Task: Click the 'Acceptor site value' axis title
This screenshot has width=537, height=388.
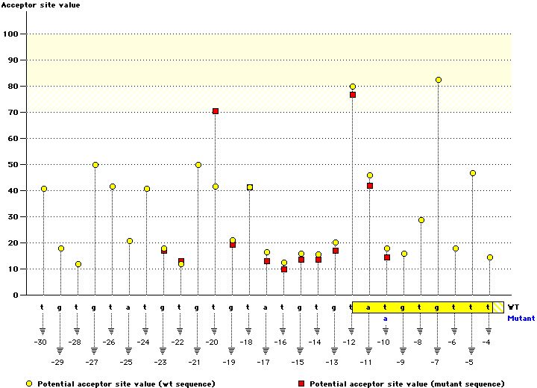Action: click(x=40, y=5)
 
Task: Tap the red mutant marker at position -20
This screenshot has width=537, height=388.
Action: click(x=216, y=111)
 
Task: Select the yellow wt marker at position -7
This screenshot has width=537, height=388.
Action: click(x=439, y=80)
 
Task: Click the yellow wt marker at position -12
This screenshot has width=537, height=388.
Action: click(x=353, y=87)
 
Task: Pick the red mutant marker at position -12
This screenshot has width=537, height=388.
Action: click(x=353, y=95)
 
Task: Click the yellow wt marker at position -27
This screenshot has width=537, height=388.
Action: click(x=95, y=165)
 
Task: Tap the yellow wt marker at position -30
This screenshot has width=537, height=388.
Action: click(x=44, y=189)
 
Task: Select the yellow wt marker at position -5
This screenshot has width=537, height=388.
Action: click(x=472, y=173)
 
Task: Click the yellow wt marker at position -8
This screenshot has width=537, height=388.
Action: click(x=421, y=220)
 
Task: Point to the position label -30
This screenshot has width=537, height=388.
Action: click(x=41, y=342)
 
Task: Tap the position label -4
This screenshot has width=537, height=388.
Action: click(x=486, y=342)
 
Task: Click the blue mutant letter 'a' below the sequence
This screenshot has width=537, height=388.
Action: click(x=386, y=318)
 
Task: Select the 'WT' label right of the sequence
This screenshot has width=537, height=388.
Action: click(x=514, y=307)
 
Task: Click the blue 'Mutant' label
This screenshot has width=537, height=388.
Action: click(x=521, y=318)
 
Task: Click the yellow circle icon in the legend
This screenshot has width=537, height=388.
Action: click(x=29, y=384)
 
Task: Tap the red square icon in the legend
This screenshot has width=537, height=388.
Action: click(x=303, y=384)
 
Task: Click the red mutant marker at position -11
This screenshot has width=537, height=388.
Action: click(x=370, y=186)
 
